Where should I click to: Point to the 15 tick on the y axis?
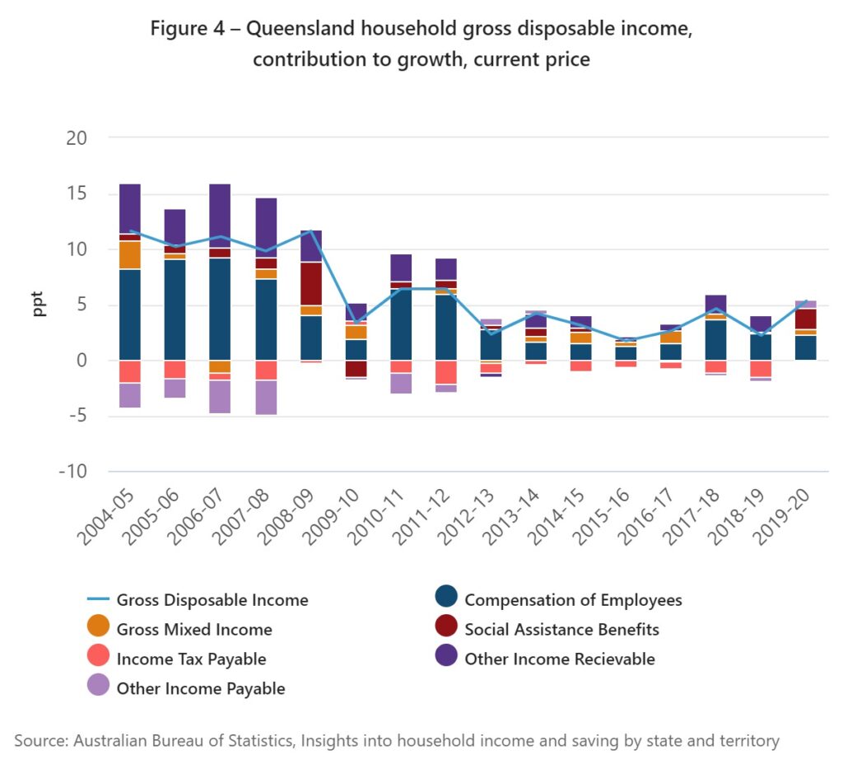tap(76, 194)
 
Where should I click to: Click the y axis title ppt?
tap(39, 304)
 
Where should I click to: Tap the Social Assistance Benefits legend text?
tap(561, 630)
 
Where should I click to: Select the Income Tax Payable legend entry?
tap(191, 659)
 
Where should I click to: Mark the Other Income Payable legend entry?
tap(201, 689)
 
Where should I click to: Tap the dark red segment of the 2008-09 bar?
tap(310, 283)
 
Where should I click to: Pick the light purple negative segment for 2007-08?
tap(265, 397)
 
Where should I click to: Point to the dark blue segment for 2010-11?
tap(401, 324)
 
